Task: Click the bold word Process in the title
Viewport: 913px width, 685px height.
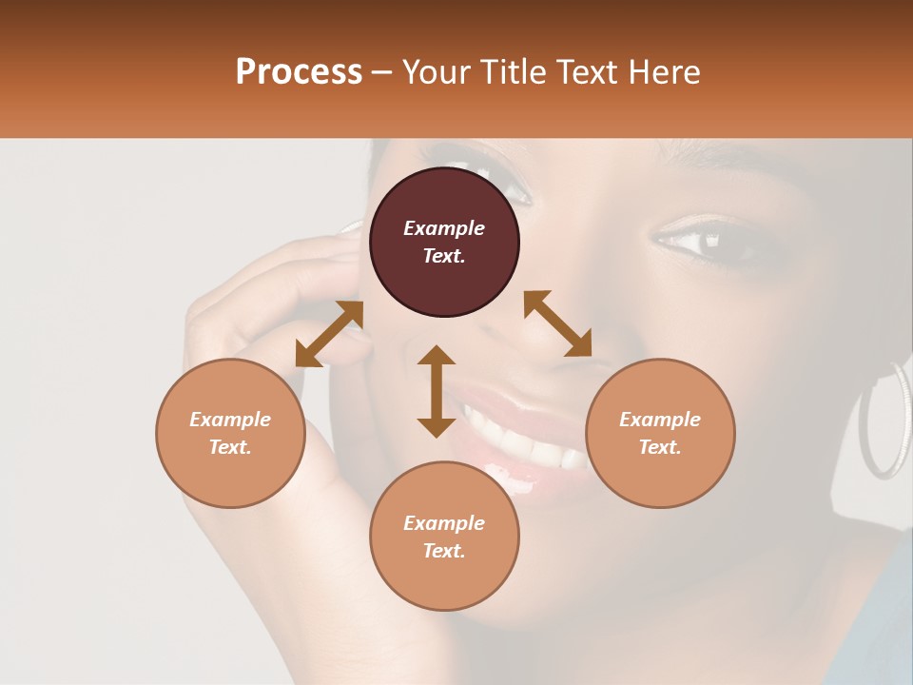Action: [299, 72]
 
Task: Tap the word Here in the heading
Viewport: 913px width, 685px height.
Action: [663, 72]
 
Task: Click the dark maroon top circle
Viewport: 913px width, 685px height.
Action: [444, 242]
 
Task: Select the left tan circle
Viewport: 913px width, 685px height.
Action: [230, 433]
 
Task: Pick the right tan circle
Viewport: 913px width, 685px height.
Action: [660, 433]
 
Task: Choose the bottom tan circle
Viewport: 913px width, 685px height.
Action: [444, 536]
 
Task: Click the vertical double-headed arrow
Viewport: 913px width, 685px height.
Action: [437, 391]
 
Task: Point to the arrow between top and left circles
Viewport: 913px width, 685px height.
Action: [329, 333]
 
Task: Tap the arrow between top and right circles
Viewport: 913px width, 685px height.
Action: [557, 323]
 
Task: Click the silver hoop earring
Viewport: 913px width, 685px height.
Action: [884, 419]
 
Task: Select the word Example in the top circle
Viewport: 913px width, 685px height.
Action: [444, 228]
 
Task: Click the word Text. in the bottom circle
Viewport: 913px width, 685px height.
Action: [444, 551]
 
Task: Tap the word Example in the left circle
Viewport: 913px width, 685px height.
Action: [230, 420]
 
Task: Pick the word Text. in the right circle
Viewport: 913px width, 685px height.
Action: [660, 447]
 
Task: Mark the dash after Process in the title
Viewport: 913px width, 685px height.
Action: [381, 72]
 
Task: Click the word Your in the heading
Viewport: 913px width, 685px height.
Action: [435, 72]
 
